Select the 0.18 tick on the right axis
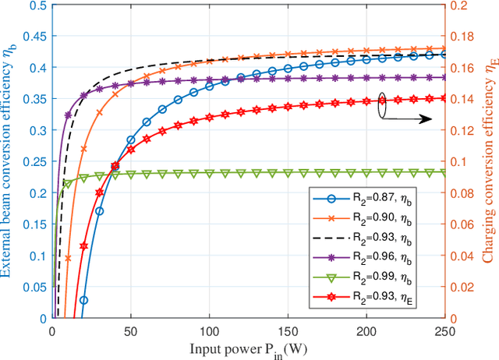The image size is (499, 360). pyautogui.click(x=462, y=36)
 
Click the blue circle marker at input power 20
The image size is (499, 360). pyautogui.click(x=83, y=300)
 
